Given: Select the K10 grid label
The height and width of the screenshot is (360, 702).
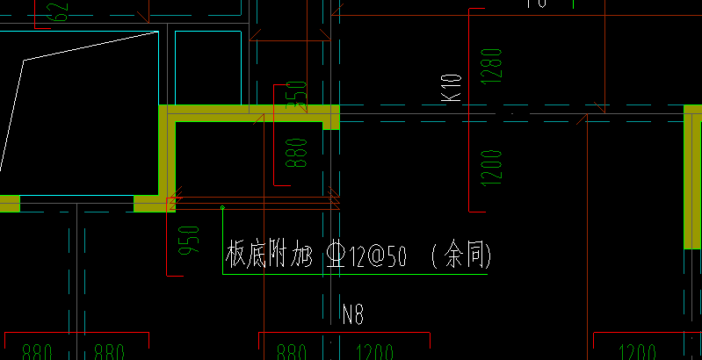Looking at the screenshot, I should (452, 88).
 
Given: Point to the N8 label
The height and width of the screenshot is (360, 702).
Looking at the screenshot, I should (353, 314).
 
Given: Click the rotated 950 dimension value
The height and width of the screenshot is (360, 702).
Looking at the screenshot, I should (189, 241).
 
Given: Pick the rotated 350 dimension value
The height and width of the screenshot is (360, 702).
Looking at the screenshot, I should (300, 95).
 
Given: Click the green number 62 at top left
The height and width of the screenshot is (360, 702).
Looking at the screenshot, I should (59, 11).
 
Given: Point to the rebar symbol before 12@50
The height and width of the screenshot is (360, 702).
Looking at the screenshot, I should (336, 256).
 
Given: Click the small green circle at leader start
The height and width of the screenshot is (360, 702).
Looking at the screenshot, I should (222, 208).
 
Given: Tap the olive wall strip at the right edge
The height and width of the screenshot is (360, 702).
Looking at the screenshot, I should (693, 176).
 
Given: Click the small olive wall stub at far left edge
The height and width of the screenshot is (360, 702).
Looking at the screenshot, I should (9, 204).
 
